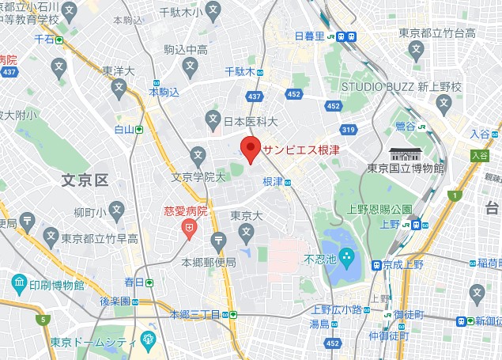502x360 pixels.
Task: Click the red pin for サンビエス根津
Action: tap(251, 148)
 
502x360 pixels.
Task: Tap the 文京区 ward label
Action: tap(85, 180)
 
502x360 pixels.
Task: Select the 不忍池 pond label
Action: tap(320, 259)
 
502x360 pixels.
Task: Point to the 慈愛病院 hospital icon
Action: tap(189, 229)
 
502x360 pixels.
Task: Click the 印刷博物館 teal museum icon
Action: tap(18, 282)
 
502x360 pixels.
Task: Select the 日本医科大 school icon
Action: tap(213, 121)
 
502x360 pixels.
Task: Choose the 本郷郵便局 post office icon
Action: tap(219, 242)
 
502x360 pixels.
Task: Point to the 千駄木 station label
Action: tap(238, 71)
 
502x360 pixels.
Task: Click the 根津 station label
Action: tap(273, 182)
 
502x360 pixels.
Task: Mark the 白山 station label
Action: tap(124, 129)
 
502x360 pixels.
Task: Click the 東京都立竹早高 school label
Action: tap(100, 238)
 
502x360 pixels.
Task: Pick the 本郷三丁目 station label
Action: tap(201, 314)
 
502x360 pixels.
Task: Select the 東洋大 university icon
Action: tap(119, 89)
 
